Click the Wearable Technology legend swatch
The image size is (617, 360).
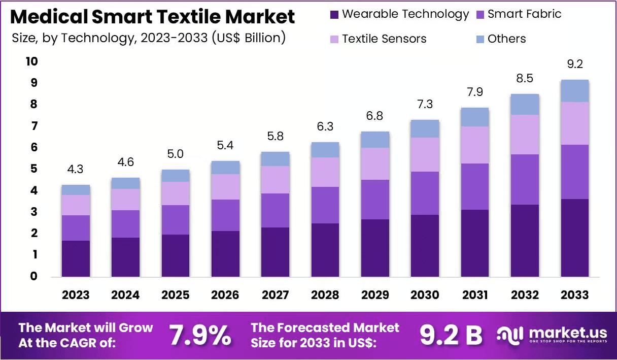pyautogui.click(x=334, y=15)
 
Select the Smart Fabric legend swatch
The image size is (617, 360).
pyautogui.click(x=479, y=15)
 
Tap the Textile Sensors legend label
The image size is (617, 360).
pyautogui.click(x=384, y=39)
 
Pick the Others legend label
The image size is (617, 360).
pyautogui.click(x=506, y=39)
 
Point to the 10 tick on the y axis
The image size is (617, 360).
pyautogui.click(x=31, y=61)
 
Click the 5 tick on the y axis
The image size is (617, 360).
pyautogui.click(x=34, y=169)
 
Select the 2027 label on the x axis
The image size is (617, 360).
pyautogui.click(x=276, y=295)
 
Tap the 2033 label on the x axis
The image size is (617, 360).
pyautogui.click(x=575, y=295)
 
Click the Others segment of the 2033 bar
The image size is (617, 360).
pyautogui.click(x=575, y=91)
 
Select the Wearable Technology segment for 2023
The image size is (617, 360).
pyautogui.click(x=76, y=258)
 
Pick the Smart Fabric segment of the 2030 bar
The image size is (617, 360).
pyautogui.click(x=425, y=193)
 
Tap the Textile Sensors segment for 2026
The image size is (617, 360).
pyautogui.click(x=225, y=187)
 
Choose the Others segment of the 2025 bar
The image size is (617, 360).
pyautogui.click(x=176, y=176)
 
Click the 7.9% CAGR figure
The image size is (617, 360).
pyautogui.click(x=200, y=335)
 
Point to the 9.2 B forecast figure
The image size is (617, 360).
pyautogui.click(x=451, y=335)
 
